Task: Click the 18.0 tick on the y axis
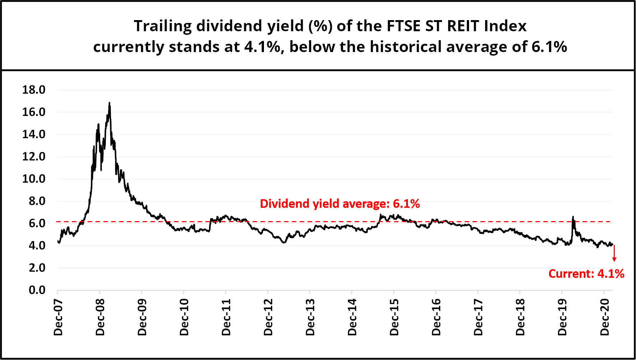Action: click(34, 90)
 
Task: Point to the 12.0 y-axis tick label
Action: click(34, 156)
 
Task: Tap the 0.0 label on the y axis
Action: click(37, 290)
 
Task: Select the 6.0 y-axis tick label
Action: click(37, 223)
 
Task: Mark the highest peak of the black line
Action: click(109, 103)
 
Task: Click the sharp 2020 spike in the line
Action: click(573, 217)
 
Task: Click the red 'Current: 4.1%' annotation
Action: click(586, 274)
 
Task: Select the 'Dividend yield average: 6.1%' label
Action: click(340, 204)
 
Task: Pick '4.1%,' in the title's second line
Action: click(264, 47)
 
